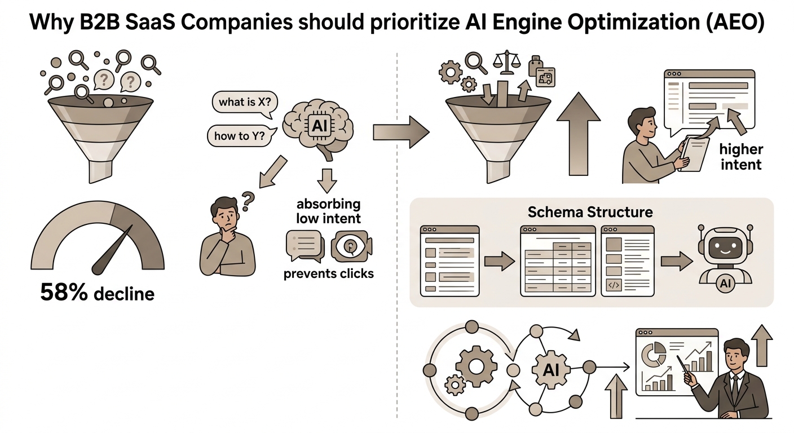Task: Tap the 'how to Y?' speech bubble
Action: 241,135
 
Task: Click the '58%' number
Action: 64,292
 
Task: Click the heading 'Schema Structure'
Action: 590,212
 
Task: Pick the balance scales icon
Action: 507,62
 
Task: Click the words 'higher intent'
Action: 741,157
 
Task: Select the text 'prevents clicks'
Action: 329,273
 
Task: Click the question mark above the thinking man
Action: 248,201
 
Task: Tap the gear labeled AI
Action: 551,370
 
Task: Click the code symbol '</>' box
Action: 614,285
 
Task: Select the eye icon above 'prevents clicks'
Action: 351,246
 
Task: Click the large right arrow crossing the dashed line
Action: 401,132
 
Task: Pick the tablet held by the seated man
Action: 694,153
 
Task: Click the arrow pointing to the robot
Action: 677,261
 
